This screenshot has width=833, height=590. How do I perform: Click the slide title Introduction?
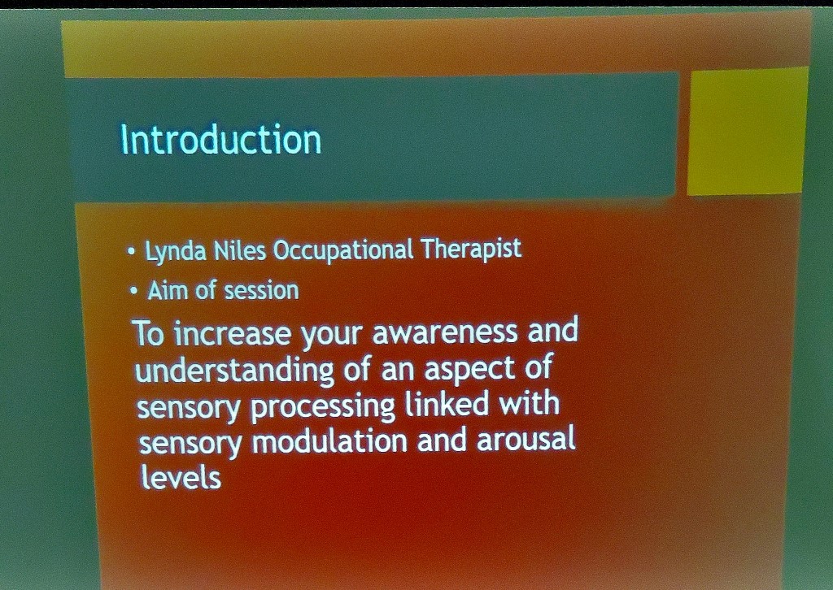click(x=221, y=140)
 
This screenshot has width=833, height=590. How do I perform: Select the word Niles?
click(x=240, y=250)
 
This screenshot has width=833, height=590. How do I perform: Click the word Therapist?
click(x=472, y=249)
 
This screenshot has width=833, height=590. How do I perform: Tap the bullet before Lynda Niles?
click(x=132, y=251)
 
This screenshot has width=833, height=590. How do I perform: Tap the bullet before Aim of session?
click(x=134, y=291)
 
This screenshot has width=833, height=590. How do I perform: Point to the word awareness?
click(x=445, y=332)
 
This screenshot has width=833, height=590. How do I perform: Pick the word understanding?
click(x=234, y=370)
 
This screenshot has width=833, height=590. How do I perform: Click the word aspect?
click(x=469, y=368)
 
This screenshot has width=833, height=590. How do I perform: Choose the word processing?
click(x=322, y=407)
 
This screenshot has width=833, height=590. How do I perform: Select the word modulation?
click(x=329, y=441)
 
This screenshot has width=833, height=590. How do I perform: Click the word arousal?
click(x=526, y=440)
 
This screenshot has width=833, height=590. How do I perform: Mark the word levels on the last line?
click(x=181, y=476)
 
